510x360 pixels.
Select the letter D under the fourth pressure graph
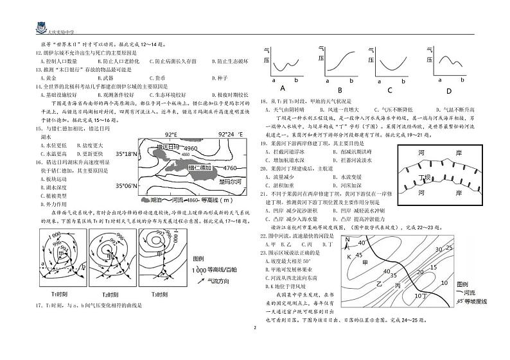tap(449, 90)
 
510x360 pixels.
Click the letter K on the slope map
tap(350, 256)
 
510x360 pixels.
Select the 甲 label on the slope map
tap(366, 262)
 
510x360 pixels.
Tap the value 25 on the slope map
tap(449, 248)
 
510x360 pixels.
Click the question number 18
tap(263, 101)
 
